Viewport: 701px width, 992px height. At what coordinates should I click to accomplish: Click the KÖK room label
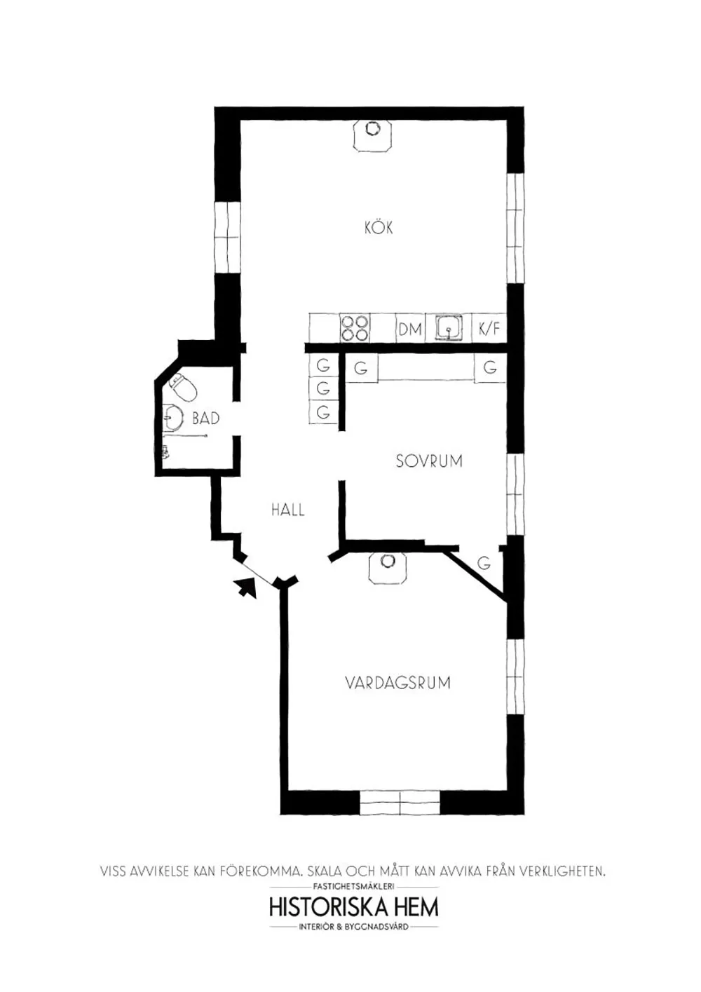point(379,227)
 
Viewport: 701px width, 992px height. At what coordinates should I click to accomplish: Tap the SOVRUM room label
point(429,461)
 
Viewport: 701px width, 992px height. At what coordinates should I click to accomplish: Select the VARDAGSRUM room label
point(397,682)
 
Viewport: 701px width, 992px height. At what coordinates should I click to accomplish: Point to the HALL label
point(288,510)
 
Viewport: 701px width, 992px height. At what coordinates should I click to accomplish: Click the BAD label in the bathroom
point(205,419)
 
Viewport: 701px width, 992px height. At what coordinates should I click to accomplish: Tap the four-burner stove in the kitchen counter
point(355,327)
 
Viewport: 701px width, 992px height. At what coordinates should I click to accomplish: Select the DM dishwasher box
point(410,328)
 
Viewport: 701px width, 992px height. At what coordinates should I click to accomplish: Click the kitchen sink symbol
point(449,327)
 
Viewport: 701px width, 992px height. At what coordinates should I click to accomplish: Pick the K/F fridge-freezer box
point(489,328)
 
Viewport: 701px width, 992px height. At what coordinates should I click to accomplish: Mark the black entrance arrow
point(245,586)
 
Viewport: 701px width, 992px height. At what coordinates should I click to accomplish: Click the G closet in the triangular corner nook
point(484,563)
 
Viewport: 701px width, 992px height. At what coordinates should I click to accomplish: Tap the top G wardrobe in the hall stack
point(323,365)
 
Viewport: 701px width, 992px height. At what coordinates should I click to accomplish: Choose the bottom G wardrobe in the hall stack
point(323,412)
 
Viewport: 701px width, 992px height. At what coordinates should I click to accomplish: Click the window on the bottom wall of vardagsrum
point(400,803)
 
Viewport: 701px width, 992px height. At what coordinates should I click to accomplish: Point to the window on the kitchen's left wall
point(226,238)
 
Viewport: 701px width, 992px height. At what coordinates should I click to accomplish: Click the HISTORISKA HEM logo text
point(354,906)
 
